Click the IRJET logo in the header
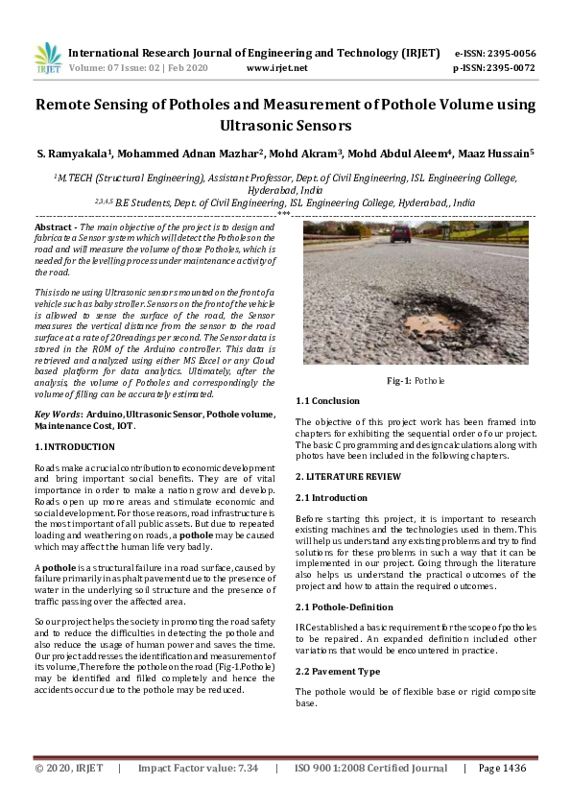(48, 59)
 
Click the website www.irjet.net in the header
(276, 69)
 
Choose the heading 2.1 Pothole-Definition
(345, 606)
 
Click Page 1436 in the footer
(502, 769)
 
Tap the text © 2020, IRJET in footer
(70, 769)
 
